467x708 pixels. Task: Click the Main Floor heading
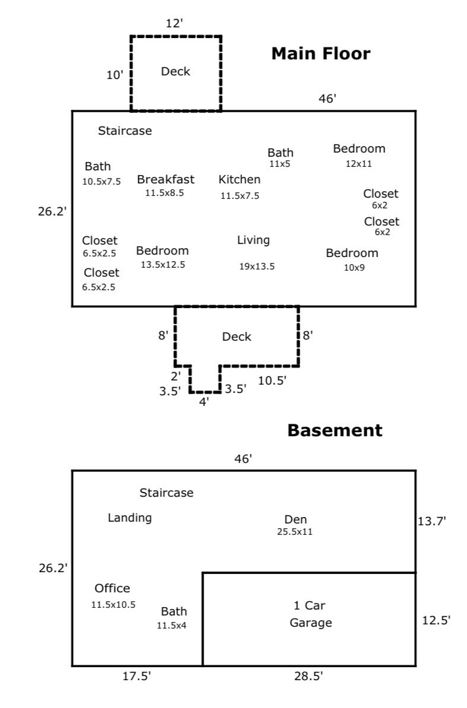pyautogui.click(x=320, y=54)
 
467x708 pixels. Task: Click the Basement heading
pyautogui.click(x=335, y=430)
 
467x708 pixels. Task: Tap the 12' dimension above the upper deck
pyautogui.click(x=174, y=24)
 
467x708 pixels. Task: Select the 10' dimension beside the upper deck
pyautogui.click(x=115, y=75)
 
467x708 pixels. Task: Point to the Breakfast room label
pyautogui.click(x=166, y=179)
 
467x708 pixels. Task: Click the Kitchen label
pyautogui.click(x=239, y=179)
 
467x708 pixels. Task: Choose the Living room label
pyautogui.click(x=253, y=241)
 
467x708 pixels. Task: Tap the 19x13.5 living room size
pyautogui.click(x=257, y=266)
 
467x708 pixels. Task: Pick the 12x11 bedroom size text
pyautogui.click(x=358, y=164)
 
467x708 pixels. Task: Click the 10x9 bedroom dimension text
pyautogui.click(x=354, y=267)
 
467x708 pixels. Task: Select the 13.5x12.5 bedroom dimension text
pyautogui.click(x=163, y=265)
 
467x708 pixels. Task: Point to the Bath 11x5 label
pyautogui.click(x=280, y=158)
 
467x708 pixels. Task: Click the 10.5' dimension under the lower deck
pyautogui.click(x=272, y=380)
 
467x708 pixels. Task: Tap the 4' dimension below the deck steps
pyautogui.click(x=204, y=402)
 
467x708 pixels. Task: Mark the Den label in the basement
pyautogui.click(x=296, y=519)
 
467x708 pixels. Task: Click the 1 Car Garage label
pyautogui.click(x=310, y=614)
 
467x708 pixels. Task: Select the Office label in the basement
pyautogui.click(x=112, y=588)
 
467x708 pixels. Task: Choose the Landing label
pyautogui.click(x=129, y=518)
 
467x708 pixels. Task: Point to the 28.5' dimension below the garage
pyautogui.click(x=309, y=676)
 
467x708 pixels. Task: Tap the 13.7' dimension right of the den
pyautogui.click(x=432, y=521)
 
